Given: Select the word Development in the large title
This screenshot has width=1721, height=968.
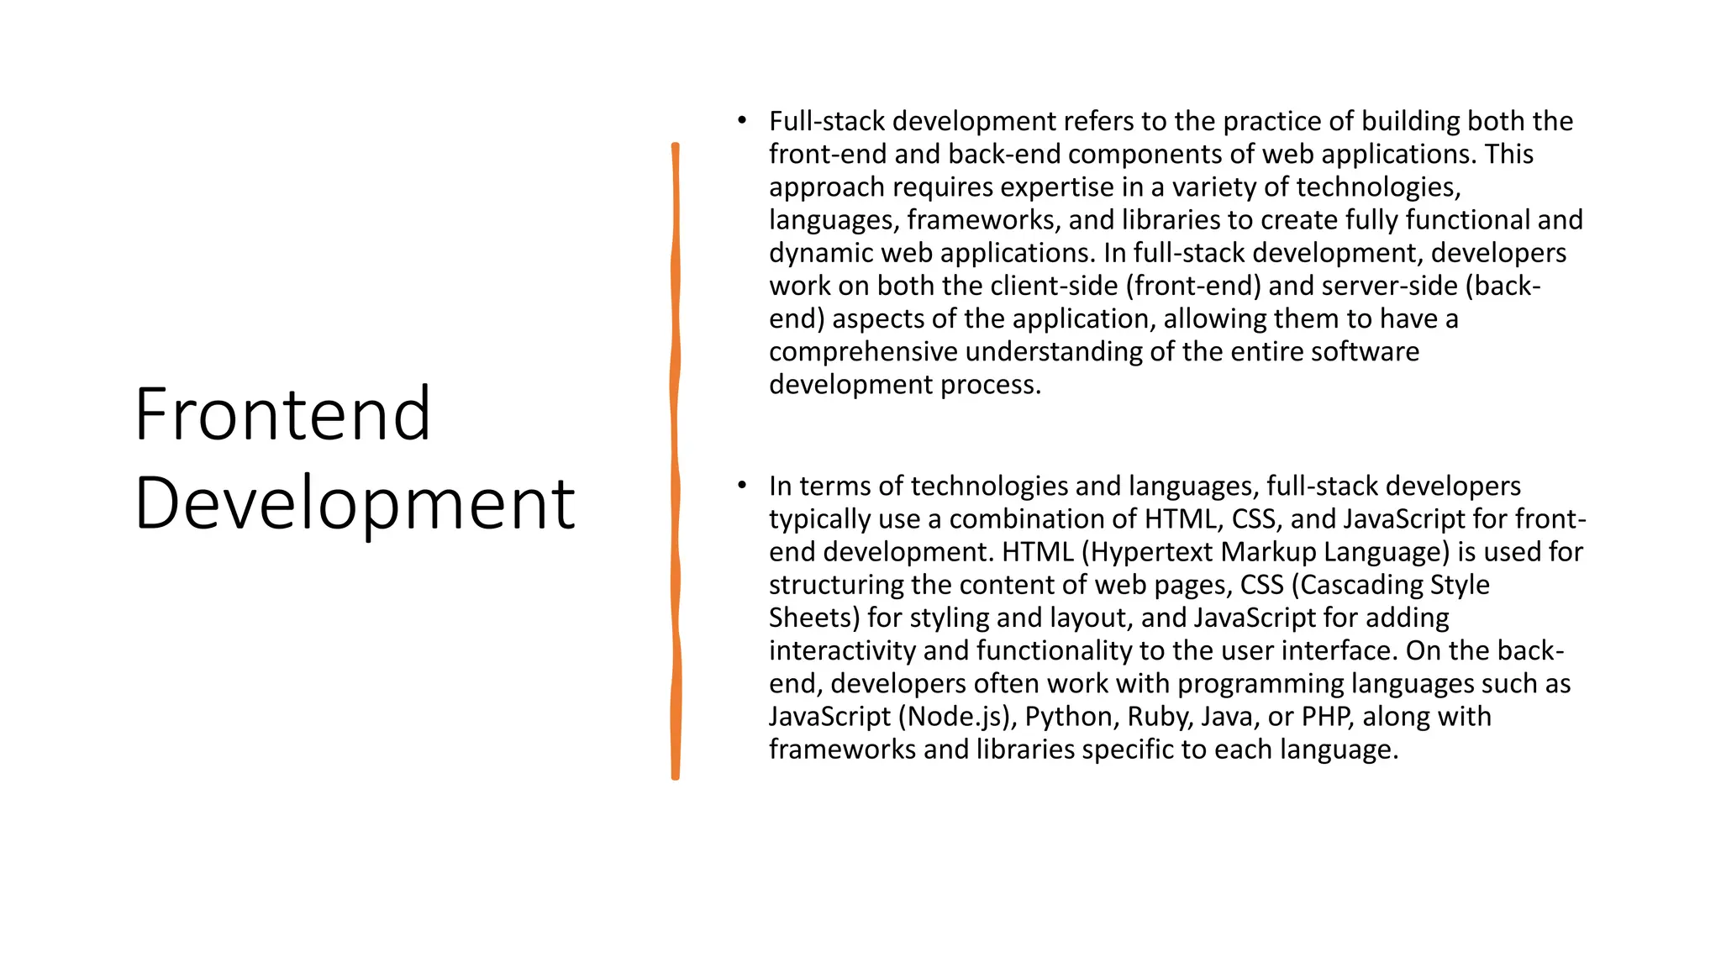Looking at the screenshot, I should pyautogui.click(x=355, y=503).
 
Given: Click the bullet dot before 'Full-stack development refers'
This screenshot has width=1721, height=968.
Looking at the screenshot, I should pyautogui.click(x=741, y=121).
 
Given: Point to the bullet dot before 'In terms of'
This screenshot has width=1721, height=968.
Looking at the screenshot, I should pyautogui.click(x=741, y=485).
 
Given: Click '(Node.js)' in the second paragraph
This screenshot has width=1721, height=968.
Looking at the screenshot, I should pyautogui.click(x=953, y=717).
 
